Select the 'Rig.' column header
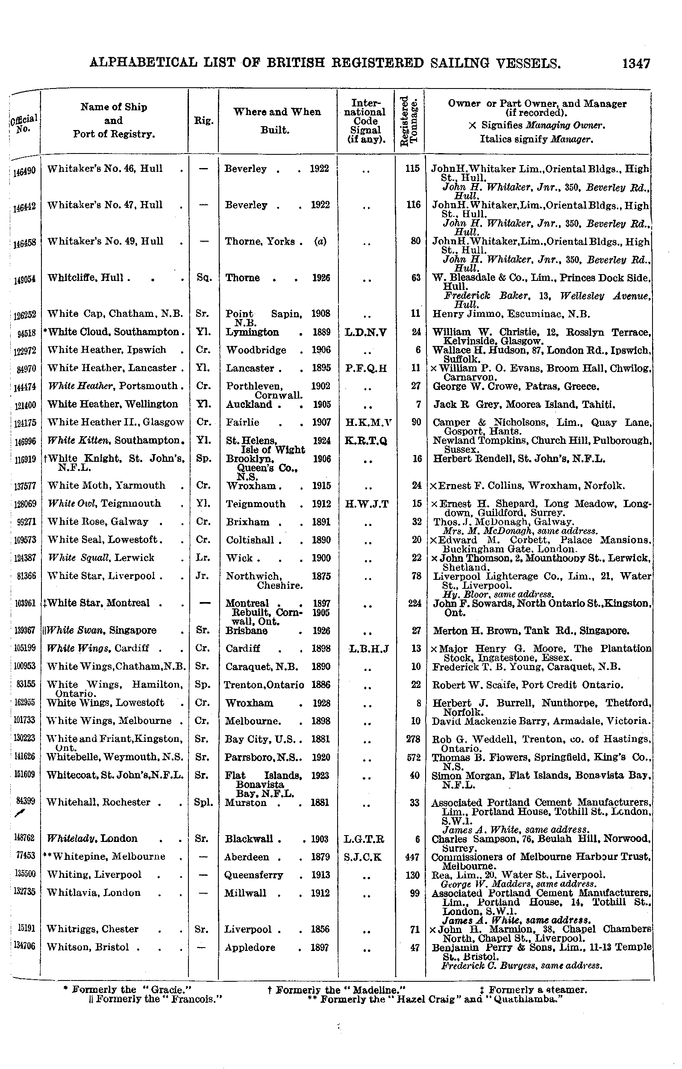click(203, 120)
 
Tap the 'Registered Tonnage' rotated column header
click(409, 120)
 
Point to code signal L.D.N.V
click(366, 332)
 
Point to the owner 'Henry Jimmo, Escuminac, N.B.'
click(511, 314)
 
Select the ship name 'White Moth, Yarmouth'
click(106, 485)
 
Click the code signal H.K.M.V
click(366, 422)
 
